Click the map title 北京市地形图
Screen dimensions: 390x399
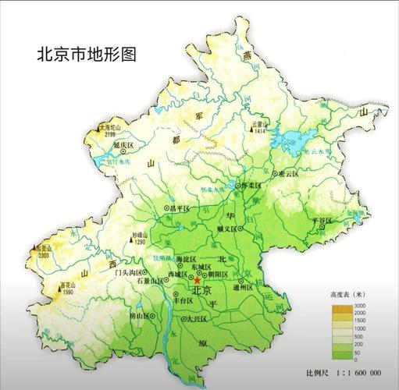click(x=87, y=55)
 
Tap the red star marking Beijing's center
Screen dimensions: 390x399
click(x=196, y=280)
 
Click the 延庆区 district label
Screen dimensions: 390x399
click(x=123, y=146)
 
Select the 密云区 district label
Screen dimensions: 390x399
click(x=288, y=175)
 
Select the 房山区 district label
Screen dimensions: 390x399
click(x=141, y=317)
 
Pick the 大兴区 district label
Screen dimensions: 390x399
click(x=197, y=319)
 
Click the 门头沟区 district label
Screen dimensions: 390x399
click(x=128, y=273)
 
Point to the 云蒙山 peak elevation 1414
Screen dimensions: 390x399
click(x=259, y=132)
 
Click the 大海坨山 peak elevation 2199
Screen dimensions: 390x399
click(x=109, y=135)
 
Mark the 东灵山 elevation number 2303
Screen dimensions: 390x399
click(x=41, y=255)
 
